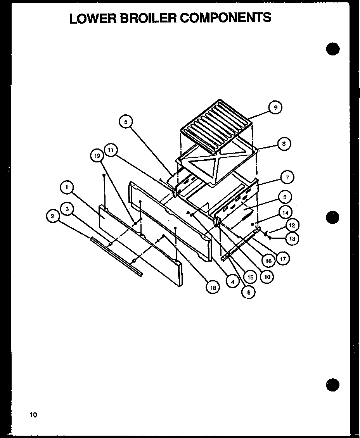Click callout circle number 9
point(275,108)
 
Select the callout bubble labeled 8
point(284,144)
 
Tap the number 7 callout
point(287,178)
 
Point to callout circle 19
point(97,156)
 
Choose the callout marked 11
point(111,150)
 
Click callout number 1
point(67,188)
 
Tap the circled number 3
point(67,209)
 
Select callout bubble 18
point(213,287)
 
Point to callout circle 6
point(249,293)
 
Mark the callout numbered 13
point(292,239)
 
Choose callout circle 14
point(285,212)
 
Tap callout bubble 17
point(283,259)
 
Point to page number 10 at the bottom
point(33,415)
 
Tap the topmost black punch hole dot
point(332,49)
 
